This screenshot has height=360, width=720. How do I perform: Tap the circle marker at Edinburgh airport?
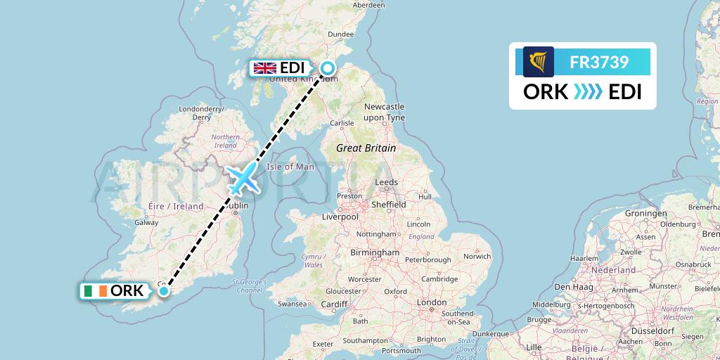click(x=328, y=68)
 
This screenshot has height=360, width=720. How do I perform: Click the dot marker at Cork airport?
click(x=164, y=290)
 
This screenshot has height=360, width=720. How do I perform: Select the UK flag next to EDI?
click(x=264, y=68)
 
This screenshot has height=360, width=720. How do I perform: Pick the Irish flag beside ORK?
click(x=95, y=291)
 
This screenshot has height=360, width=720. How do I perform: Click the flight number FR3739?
click(x=599, y=62)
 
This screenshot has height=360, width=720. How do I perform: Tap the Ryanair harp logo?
click(x=539, y=62)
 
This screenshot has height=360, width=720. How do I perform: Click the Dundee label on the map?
click(x=340, y=34)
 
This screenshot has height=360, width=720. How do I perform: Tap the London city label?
click(x=431, y=302)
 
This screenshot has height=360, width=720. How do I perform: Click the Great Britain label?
click(x=366, y=148)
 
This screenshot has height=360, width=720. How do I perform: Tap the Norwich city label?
click(x=477, y=256)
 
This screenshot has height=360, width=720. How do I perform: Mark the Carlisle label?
click(x=342, y=122)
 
